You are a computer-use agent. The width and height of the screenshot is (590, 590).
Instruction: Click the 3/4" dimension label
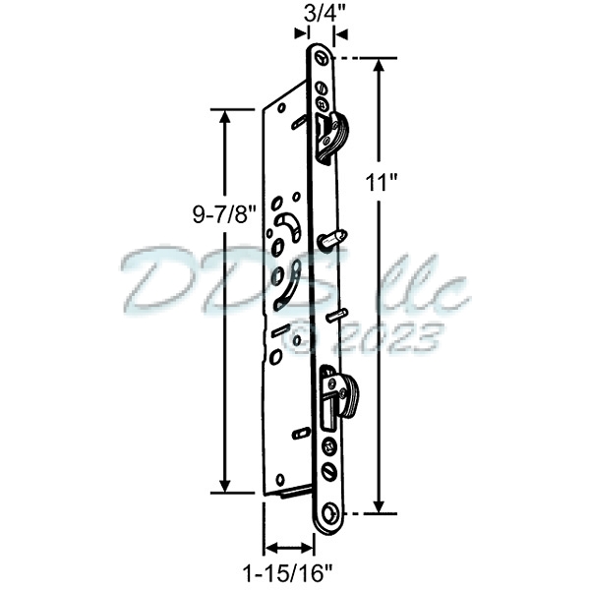315,14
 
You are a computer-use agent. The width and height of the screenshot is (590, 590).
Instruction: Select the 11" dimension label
398,183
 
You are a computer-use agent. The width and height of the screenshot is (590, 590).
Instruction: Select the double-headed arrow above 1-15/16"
289,546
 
